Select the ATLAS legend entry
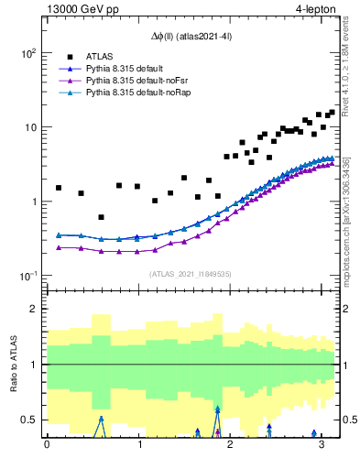point(98,55)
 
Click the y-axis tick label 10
point(28,127)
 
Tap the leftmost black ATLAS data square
point(59,188)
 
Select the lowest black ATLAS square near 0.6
point(101,217)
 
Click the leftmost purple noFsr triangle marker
point(59,247)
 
